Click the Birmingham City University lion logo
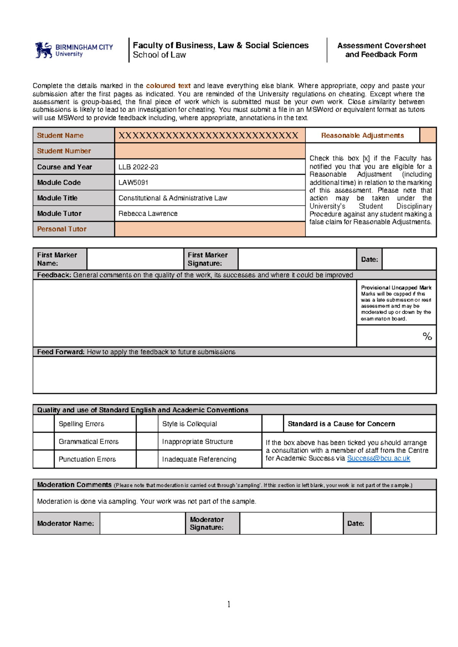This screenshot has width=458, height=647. click(x=44, y=50)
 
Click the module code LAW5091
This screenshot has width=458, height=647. click(x=133, y=182)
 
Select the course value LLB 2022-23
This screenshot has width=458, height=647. click(x=138, y=167)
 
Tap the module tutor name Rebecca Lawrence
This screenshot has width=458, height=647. click(x=148, y=214)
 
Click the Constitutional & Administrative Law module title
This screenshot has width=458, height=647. click(x=173, y=198)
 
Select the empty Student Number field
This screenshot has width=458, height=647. click(x=210, y=151)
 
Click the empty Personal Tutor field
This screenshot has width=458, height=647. click(x=210, y=229)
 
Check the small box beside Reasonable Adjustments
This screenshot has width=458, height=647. click(x=427, y=135)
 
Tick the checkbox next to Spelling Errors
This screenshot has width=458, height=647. click(x=44, y=424)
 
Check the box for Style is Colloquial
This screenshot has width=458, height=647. click(x=147, y=424)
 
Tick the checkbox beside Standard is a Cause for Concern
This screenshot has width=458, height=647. click(x=273, y=424)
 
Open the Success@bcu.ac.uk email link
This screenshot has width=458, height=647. click(x=378, y=458)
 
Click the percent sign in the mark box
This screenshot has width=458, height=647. click(x=427, y=336)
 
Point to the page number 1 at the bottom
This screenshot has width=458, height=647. click(x=229, y=604)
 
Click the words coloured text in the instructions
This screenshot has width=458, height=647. click(x=168, y=86)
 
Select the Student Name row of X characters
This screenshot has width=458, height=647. click(x=208, y=135)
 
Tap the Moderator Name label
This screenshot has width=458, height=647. click(x=65, y=523)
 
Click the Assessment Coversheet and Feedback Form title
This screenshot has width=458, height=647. click(x=381, y=50)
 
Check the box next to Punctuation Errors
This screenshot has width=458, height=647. click(x=44, y=459)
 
